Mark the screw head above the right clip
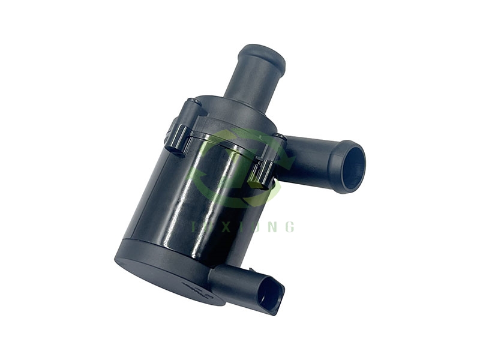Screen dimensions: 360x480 [x=277, y=139]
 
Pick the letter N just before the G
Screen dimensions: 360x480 [x=275, y=227]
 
